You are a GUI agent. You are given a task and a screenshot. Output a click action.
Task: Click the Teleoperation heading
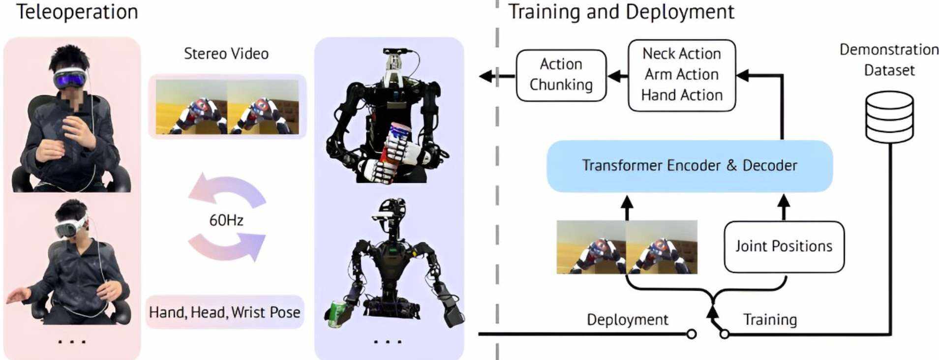click(77, 12)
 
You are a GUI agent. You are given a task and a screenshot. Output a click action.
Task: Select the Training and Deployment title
click(621, 12)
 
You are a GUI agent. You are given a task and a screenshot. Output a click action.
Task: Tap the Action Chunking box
click(561, 75)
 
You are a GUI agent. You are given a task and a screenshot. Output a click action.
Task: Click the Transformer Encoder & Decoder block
click(690, 166)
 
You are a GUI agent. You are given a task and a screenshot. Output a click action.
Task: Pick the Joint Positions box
click(784, 246)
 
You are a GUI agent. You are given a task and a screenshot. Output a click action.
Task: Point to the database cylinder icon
click(889, 117)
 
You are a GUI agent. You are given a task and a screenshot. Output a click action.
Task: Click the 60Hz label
click(226, 220)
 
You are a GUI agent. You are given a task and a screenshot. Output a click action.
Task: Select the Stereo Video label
click(226, 54)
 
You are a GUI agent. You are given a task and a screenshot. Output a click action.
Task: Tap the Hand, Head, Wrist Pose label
click(225, 312)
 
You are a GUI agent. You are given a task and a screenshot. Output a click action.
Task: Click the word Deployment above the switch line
click(628, 320)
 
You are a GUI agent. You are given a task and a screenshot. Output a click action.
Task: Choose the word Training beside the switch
click(770, 320)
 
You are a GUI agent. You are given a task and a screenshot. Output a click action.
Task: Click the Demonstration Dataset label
click(889, 60)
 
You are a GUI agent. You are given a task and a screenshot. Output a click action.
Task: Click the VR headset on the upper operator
click(71, 78)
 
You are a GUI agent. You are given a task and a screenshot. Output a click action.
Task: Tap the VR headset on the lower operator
click(70, 226)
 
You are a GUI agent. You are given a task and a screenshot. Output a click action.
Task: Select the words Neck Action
click(682, 53)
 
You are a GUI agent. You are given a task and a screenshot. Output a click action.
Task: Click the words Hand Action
click(682, 95)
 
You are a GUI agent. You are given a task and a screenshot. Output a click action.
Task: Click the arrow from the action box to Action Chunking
click(618, 76)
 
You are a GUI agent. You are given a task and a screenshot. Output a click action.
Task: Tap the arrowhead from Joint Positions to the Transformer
click(784, 201)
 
